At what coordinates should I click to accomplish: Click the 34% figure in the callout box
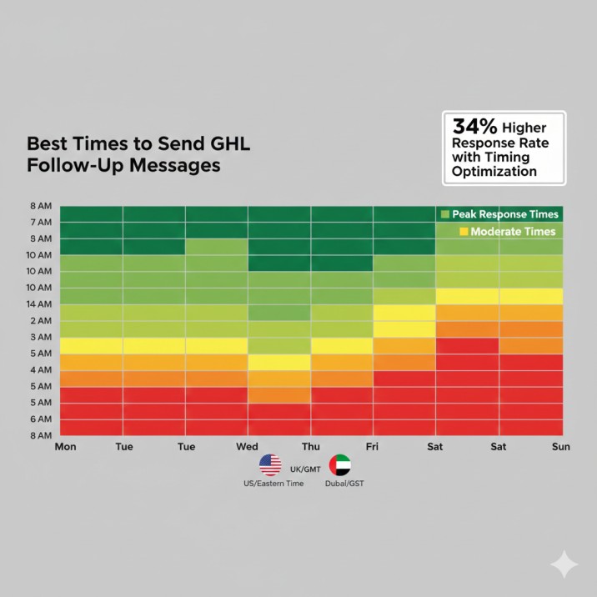[x=475, y=127]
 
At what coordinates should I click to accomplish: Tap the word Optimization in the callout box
[x=494, y=171]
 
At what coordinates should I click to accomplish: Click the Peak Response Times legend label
[x=505, y=214]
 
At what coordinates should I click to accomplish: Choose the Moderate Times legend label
[x=513, y=231]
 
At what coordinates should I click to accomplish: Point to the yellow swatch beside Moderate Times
[x=463, y=231]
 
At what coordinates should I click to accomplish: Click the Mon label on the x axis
[x=65, y=447]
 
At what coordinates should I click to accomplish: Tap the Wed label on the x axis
[x=248, y=447]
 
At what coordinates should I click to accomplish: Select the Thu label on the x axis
[x=310, y=447]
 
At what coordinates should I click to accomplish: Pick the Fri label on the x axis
[x=374, y=447]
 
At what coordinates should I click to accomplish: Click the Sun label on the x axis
[x=561, y=447]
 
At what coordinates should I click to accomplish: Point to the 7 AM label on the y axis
[x=41, y=223]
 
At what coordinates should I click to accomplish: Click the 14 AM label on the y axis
[x=40, y=304]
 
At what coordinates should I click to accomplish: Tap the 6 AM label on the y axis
[x=41, y=419]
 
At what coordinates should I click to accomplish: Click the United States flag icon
[x=270, y=465]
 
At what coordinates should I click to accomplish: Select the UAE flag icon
[x=339, y=465]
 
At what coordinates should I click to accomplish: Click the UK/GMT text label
[x=305, y=469]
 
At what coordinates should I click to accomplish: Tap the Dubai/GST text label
[x=344, y=484]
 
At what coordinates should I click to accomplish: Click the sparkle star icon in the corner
[x=564, y=564]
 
